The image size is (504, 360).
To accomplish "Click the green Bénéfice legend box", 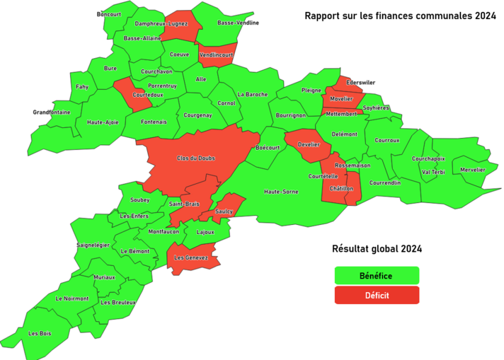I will (376, 275).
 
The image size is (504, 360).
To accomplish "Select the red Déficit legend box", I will (376, 295).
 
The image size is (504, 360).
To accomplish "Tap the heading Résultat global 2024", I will (377, 248).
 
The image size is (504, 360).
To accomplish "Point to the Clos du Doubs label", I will (195, 158).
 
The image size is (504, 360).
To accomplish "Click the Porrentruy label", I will (162, 86).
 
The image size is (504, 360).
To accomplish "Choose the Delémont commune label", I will (345, 134).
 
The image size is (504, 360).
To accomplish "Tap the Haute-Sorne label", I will (281, 192).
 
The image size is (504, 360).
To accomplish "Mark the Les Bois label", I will (40, 333).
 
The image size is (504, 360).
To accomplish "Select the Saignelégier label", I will (93, 245).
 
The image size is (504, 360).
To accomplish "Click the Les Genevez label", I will (191, 257).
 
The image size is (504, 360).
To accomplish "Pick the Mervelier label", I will (472, 170).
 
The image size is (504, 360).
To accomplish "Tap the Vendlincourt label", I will (217, 54).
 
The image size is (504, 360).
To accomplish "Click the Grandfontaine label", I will (52, 112).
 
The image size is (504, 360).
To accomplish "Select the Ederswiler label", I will (360, 83).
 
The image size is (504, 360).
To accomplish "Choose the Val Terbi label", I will (433, 172).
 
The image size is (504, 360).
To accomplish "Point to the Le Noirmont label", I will (72, 298).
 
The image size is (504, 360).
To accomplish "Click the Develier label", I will (309, 144).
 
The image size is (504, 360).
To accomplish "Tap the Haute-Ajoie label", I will (103, 122).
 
